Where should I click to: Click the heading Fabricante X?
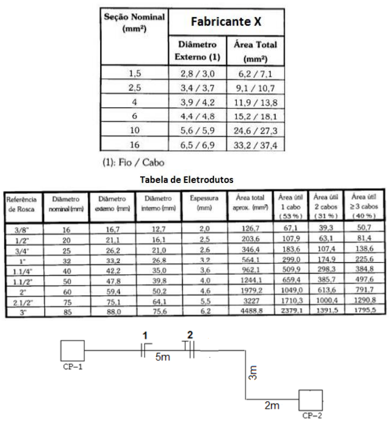click(x=227, y=22)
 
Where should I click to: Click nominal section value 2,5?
click(x=134, y=88)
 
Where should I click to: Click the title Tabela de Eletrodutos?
click(x=186, y=179)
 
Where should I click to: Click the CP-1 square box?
click(x=73, y=351)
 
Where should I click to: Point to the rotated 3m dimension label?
click(x=253, y=373)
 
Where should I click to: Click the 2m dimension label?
click(x=272, y=405)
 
